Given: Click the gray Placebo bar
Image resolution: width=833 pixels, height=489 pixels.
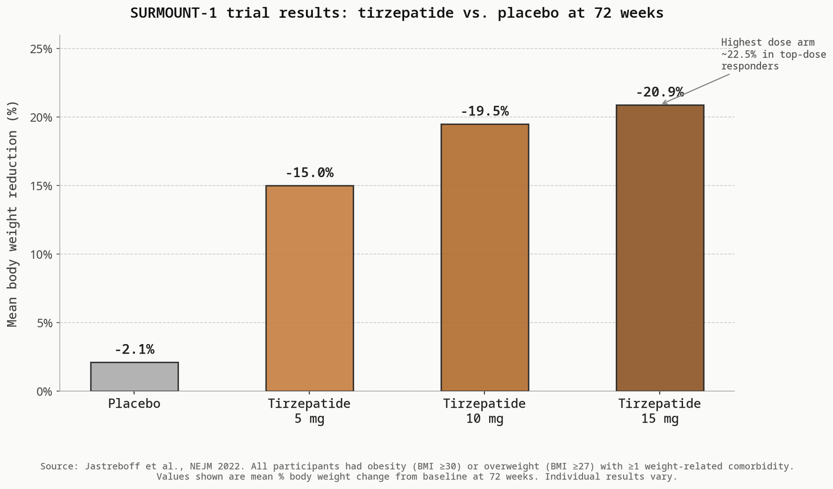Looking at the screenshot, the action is (134, 377).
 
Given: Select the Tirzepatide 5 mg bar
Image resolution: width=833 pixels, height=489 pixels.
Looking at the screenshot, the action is (309, 288).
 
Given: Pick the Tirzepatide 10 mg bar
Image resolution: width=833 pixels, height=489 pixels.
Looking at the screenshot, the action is (484, 257).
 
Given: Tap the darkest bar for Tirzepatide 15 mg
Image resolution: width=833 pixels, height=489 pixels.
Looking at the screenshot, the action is (660, 248).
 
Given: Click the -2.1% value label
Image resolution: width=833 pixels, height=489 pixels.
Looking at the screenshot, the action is (134, 349).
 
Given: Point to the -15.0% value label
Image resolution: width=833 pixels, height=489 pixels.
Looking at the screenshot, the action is (309, 173).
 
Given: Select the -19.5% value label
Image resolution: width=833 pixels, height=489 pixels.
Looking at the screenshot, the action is (484, 111).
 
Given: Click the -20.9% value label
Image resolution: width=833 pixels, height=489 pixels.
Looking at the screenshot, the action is (660, 92).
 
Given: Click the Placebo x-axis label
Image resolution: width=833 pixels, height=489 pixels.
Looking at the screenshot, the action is (134, 403).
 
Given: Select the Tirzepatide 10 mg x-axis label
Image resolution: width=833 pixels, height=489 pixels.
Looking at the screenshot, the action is (484, 411).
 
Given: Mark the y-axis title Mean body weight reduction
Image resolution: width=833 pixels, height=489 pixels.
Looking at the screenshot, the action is (12, 214).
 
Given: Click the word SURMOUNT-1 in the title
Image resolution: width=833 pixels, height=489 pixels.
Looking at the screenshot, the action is (173, 13).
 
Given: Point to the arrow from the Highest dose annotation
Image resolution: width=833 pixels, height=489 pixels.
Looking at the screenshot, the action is (696, 89).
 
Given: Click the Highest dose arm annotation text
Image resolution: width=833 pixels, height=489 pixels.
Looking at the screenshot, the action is (773, 54).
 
